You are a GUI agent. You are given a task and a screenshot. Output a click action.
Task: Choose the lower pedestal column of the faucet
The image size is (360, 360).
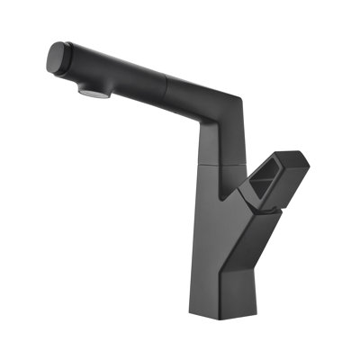point(220,261)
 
